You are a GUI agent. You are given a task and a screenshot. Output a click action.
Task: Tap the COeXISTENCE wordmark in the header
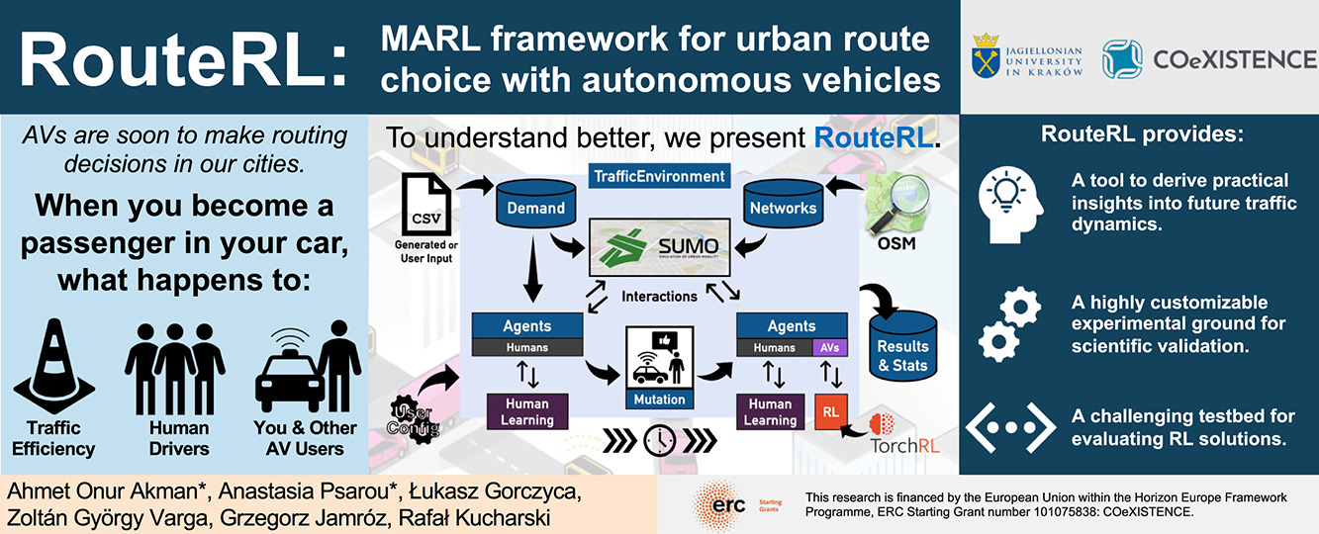tap(1234, 59)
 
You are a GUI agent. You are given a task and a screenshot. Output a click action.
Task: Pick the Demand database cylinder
tap(536, 203)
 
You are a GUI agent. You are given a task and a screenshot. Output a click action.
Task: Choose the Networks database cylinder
tap(784, 203)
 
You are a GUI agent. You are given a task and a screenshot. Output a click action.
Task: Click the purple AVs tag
tap(829, 347)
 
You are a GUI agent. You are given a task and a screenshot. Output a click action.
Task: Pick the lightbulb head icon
tap(1012, 202)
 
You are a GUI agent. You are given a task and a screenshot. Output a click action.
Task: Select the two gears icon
tap(1008, 323)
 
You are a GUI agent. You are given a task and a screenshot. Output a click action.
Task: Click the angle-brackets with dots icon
tap(1010, 426)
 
